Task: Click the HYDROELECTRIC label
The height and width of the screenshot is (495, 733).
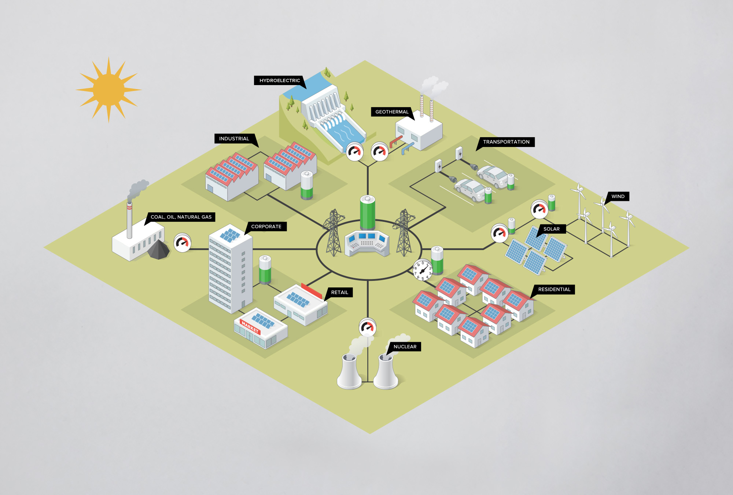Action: tap(279, 80)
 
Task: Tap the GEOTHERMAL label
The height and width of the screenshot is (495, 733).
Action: tap(391, 112)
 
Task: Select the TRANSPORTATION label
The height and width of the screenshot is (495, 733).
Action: tap(506, 142)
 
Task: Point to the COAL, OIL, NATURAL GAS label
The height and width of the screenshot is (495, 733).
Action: tap(181, 217)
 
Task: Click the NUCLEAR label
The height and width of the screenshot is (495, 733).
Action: tap(405, 346)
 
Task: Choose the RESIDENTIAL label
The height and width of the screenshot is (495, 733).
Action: tap(554, 289)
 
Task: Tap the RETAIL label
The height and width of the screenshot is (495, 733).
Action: tap(339, 292)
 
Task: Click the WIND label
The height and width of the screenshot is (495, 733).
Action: tap(618, 197)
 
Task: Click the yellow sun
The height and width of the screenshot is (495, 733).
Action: tap(109, 89)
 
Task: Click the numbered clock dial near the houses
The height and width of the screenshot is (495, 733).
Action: tap(423, 270)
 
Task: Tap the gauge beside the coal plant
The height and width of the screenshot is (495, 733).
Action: tap(182, 242)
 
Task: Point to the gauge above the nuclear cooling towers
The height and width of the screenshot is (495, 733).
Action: tap(367, 327)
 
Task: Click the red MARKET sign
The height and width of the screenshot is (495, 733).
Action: tap(250, 327)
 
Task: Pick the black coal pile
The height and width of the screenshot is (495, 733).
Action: tap(159, 249)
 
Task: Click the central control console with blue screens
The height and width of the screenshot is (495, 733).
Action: tap(367, 243)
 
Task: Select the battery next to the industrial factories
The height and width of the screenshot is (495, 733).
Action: tap(307, 185)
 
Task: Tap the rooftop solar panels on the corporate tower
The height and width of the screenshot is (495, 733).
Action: tap(230, 235)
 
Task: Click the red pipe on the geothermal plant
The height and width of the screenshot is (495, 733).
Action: tap(396, 141)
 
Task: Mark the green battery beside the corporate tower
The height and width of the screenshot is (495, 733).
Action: tap(265, 269)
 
